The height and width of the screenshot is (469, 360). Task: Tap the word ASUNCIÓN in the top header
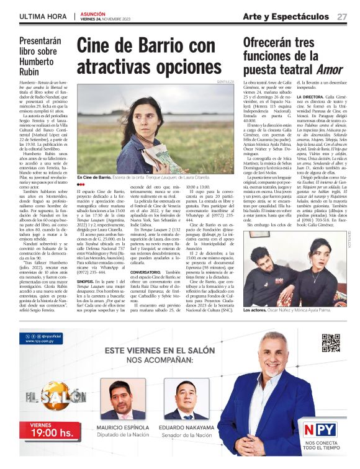[94, 12]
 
